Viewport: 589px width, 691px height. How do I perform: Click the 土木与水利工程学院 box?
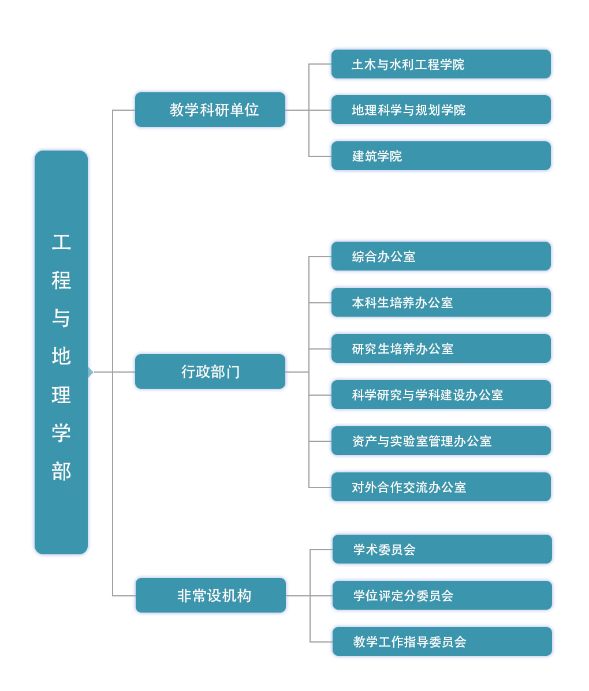(x=441, y=64)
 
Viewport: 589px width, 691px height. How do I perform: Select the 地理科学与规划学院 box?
(x=441, y=110)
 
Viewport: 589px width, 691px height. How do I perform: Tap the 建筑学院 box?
(x=441, y=156)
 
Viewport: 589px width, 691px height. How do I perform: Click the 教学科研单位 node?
(x=210, y=110)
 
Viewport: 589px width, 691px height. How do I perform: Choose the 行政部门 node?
(x=210, y=371)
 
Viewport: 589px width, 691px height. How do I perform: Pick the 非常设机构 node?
(x=210, y=595)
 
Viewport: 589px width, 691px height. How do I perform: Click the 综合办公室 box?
(x=441, y=256)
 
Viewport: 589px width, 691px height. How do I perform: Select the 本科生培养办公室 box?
(x=441, y=302)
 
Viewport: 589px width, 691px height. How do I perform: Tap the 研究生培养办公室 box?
(x=441, y=348)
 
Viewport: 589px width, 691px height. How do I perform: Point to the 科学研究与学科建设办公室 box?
(x=441, y=395)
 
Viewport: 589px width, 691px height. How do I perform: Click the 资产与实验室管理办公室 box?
(x=441, y=441)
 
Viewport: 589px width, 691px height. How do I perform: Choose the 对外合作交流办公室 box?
(x=441, y=487)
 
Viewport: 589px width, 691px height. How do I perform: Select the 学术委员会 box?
(x=442, y=549)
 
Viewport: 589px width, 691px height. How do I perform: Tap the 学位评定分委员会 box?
(x=442, y=595)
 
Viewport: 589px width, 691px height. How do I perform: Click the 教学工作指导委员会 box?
(x=442, y=641)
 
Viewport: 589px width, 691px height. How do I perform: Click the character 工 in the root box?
(x=61, y=242)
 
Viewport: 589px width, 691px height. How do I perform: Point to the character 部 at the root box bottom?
(x=61, y=471)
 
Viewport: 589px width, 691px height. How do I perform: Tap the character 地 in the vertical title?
(x=61, y=356)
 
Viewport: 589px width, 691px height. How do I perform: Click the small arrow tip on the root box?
(x=92, y=372)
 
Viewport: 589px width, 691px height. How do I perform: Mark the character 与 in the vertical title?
(x=61, y=318)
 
